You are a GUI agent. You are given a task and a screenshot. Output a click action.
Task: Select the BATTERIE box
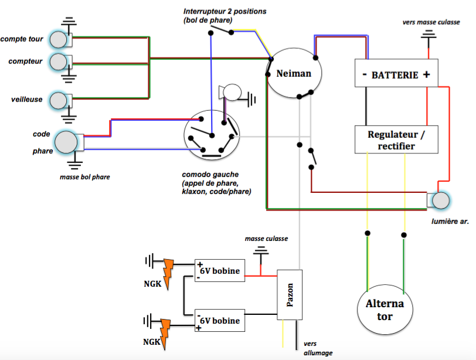[396, 75]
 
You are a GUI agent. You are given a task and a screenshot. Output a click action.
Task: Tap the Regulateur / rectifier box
[396, 140]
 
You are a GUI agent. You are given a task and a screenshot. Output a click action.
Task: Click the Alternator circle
[385, 310]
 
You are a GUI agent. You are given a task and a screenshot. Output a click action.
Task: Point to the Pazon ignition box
[290, 295]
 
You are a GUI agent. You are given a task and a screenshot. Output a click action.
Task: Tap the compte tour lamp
[58, 39]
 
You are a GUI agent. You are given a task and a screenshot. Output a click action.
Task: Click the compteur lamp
[58, 61]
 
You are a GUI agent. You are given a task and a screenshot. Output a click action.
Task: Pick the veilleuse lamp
[58, 100]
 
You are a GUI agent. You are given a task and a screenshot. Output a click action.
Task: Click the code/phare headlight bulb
[66, 142]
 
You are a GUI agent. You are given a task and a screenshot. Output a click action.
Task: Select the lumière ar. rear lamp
[440, 201]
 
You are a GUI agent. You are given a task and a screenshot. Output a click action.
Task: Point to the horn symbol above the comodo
[230, 93]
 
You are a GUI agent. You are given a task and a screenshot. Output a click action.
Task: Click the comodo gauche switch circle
[211, 135]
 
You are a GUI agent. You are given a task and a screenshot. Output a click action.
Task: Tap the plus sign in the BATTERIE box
[426, 75]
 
